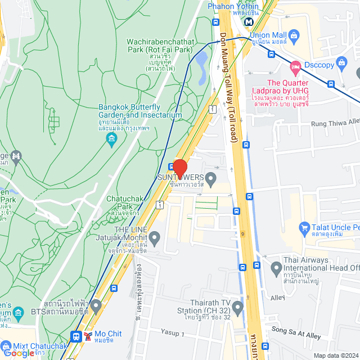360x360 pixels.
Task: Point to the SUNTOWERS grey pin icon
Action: coord(211,180)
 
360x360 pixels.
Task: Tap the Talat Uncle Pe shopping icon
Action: coord(304,228)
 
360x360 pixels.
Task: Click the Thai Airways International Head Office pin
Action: coord(276,269)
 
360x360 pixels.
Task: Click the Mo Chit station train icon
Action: coord(75,336)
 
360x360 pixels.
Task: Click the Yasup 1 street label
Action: coord(173,334)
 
